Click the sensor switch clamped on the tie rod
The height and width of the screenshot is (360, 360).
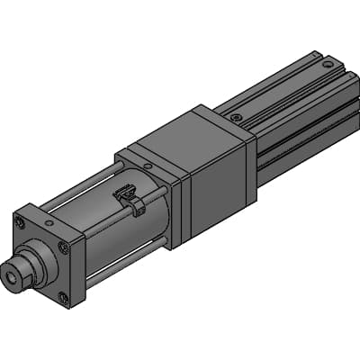click(x=130, y=199)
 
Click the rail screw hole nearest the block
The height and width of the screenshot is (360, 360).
click(x=236, y=116)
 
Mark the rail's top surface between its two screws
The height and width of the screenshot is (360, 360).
click(x=279, y=90)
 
